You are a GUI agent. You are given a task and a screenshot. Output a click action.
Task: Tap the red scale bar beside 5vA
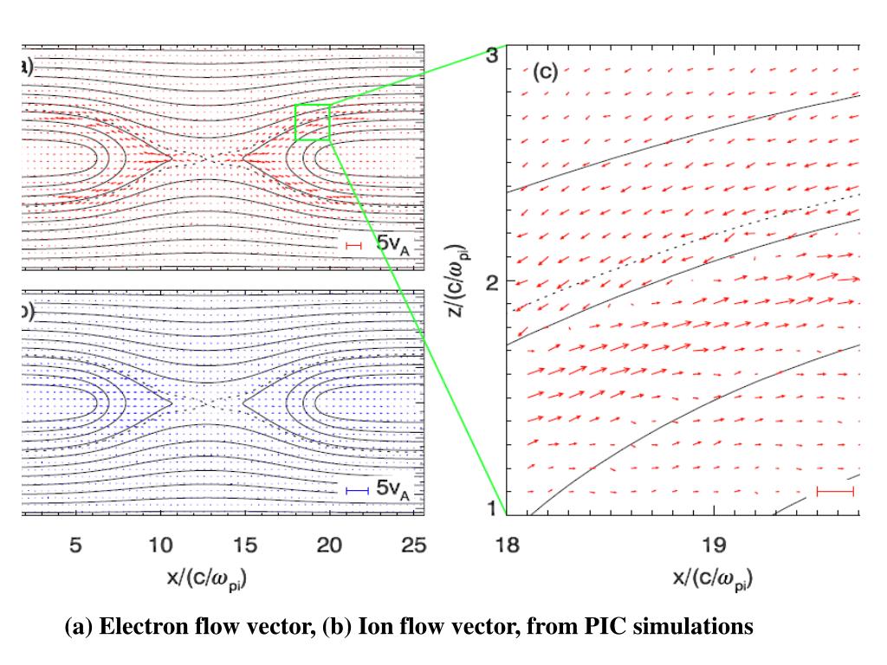click(x=353, y=246)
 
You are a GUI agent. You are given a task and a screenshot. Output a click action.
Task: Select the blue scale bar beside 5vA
click(x=357, y=491)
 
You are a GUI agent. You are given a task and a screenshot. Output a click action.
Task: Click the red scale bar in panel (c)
click(x=835, y=491)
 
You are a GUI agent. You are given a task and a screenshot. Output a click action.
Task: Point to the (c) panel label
click(x=545, y=71)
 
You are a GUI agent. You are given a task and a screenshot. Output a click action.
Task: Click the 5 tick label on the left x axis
click(x=75, y=546)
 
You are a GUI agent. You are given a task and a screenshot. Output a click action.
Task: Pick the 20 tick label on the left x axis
click(x=329, y=546)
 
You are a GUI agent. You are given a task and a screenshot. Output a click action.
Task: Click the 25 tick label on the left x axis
click(x=414, y=546)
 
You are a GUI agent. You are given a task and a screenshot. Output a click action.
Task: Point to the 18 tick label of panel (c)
click(x=505, y=546)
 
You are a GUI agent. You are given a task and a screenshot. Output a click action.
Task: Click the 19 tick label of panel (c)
click(x=713, y=546)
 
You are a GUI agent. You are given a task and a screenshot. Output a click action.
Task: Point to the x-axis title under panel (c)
click(x=713, y=578)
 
